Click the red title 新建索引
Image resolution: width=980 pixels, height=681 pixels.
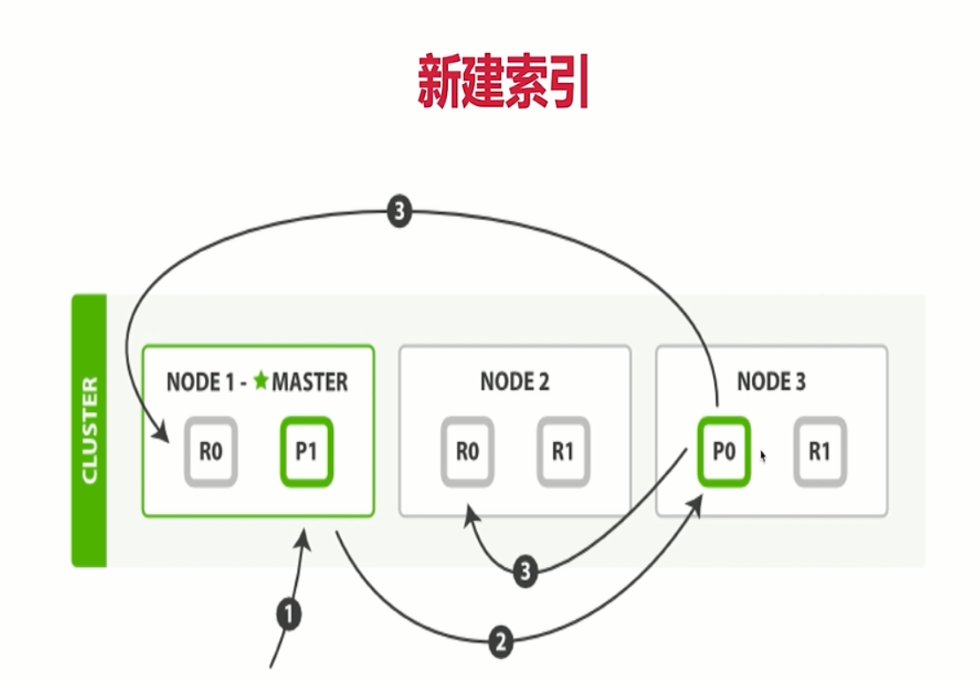(503, 82)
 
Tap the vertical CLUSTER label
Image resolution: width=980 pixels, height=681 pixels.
(89, 431)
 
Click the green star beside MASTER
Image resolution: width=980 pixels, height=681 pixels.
(261, 381)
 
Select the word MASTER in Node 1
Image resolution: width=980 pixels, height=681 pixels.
(309, 382)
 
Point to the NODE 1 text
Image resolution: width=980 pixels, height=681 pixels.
(202, 382)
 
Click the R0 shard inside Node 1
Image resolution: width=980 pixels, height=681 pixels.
(210, 452)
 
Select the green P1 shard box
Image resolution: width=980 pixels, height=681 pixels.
(307, 452)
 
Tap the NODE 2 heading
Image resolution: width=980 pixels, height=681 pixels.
(514, 382)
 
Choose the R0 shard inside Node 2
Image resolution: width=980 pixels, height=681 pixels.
(467, 452)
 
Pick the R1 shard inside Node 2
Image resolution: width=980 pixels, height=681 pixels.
(563, 452)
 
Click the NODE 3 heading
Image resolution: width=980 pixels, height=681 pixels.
(771, 382)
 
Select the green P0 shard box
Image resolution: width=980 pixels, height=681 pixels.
(724, 452)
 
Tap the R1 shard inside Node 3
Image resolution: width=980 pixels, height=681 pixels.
(819, 452)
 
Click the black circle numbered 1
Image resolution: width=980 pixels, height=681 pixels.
(288, 614)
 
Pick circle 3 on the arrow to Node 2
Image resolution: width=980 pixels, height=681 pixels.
(525, 572)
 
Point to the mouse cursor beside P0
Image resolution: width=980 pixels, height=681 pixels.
(763, 456)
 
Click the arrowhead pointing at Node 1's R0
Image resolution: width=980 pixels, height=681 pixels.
(162, 435)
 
